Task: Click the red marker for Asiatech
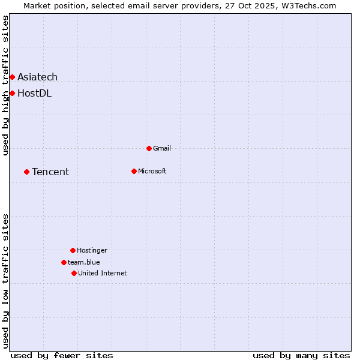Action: click(x=12, y=77)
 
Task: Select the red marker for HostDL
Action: click(x=12, y=93)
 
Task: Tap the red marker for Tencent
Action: click(x=26, y=172)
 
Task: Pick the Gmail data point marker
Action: click(x=149, y=148)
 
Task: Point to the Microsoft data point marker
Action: click(x=134, y=171)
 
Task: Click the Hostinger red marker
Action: click(x=73, y=250)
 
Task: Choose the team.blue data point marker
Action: click(x=64, y=262)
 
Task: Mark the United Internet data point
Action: click(x=74, y=273)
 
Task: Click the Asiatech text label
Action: click(x=37, y=77)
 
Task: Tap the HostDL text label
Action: click(x=34, y=93)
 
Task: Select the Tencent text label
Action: click(x=50, y=172)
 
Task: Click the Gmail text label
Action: click(x=162, y=148)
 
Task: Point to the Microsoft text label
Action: click(x=152, y=171)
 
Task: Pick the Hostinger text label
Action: click(x=92, y=250)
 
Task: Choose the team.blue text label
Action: click(x=84, y=262)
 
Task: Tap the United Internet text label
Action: click(x=102, y=273)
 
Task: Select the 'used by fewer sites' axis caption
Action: click(x=62, y=355)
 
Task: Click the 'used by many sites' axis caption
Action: click(x=301, y=355)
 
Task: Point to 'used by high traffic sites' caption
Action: click(x=5, y=85)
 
